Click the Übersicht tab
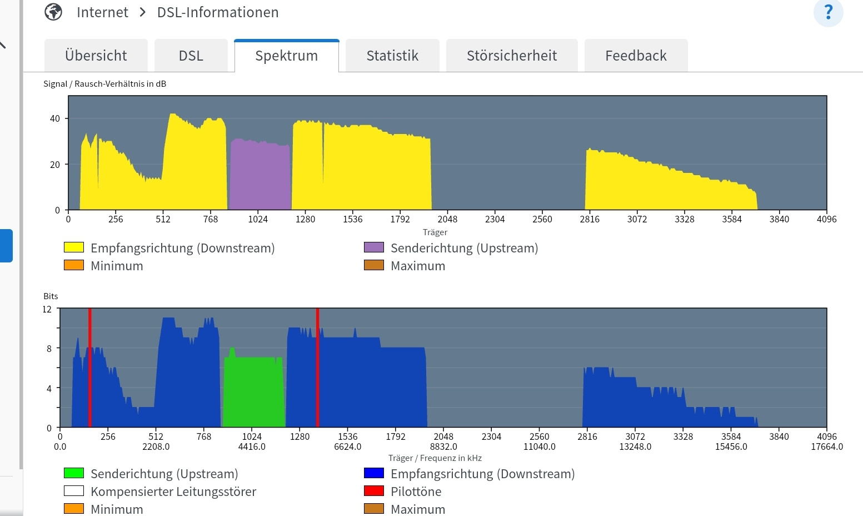96,56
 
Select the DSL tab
191,56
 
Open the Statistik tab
392,56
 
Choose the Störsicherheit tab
511,56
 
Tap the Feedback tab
636,56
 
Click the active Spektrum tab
286,56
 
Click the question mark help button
828,12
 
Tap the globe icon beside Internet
53,12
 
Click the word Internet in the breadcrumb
102,12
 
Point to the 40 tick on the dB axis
55,118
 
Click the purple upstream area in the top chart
260,175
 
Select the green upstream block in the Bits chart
254,392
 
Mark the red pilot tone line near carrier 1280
317,367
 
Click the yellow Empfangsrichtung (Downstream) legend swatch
74,247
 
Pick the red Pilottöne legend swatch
373,491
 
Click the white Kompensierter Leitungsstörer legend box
74,491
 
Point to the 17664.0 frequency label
827,446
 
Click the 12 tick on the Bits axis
47,309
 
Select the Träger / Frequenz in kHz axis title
435,458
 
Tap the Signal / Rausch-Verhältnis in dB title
105,84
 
